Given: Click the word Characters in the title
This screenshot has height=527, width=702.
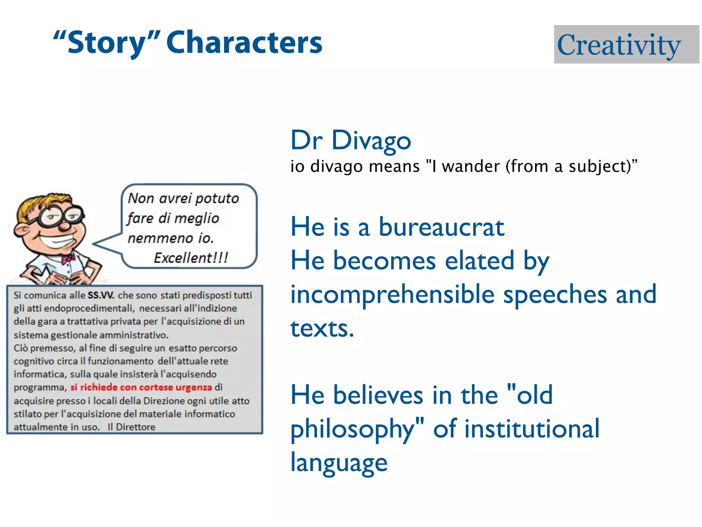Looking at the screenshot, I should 244,43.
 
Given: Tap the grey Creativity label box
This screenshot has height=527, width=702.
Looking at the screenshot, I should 626,45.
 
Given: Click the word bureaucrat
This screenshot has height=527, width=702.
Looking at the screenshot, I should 441,227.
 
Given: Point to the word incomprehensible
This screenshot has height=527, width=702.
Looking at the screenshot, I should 392,294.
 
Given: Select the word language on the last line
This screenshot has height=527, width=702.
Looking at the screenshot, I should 339,462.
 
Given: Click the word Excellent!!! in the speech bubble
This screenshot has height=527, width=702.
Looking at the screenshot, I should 191,258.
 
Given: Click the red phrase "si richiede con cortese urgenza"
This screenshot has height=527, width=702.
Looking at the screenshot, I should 141,387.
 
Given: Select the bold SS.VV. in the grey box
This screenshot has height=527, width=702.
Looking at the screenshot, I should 101,295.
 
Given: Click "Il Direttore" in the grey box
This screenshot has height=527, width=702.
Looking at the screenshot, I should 131,427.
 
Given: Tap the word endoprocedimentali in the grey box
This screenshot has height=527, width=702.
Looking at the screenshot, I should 89,308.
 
